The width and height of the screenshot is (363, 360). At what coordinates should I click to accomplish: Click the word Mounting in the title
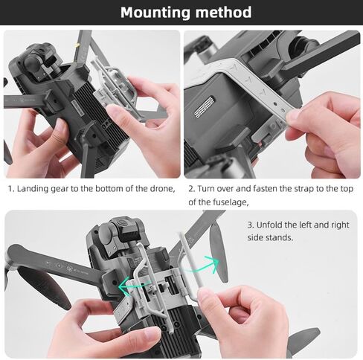155,13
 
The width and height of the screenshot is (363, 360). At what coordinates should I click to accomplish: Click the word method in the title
223,12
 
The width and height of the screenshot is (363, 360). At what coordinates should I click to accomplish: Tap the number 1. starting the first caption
10,189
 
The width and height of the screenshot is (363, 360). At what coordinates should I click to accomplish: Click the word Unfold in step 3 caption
269,225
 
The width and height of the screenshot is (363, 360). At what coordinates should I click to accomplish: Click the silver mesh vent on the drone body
205,106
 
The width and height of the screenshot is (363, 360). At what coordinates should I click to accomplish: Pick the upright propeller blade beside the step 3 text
219,253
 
